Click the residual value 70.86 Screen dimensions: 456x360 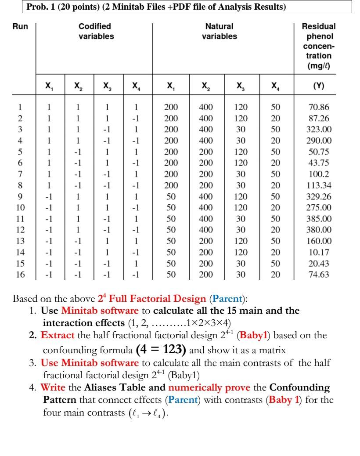point(320,107)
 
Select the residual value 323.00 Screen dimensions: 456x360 point(320,130)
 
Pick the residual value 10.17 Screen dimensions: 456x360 point(320,252)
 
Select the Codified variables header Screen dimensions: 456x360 point(94,31)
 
